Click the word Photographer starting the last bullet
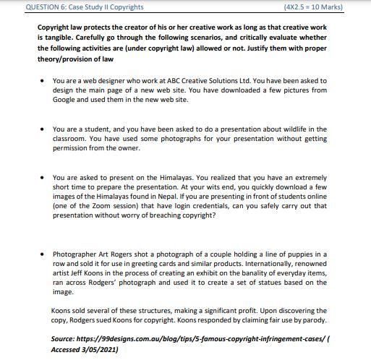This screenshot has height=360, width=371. (76, 254)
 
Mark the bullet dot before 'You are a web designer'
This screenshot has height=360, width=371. (44, 81)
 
